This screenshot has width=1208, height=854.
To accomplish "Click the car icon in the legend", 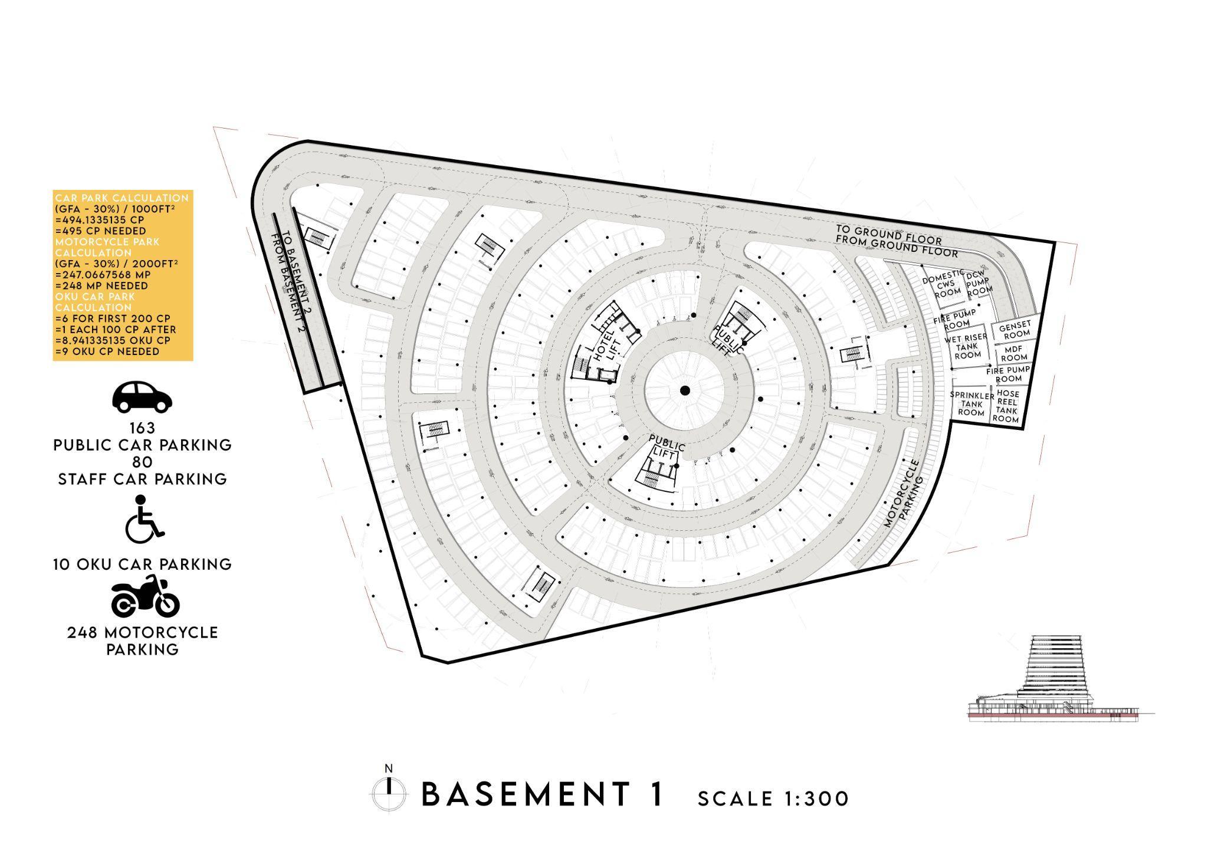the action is tap(142, 396).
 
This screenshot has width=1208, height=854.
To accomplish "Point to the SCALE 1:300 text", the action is tap(773, 799).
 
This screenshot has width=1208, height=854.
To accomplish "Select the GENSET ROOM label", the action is tap(1015, 329).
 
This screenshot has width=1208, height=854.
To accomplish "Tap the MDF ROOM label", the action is tap(1014, 353).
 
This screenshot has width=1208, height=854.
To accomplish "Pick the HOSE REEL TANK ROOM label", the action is tap(1007, 406).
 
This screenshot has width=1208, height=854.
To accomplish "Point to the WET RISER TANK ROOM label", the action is tap(966, 347).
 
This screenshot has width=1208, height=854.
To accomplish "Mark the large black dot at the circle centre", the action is tap(684, 390).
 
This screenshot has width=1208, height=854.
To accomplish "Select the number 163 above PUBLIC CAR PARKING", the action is tap(142, 428).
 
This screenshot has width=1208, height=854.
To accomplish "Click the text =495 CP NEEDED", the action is tap(100, 231).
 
